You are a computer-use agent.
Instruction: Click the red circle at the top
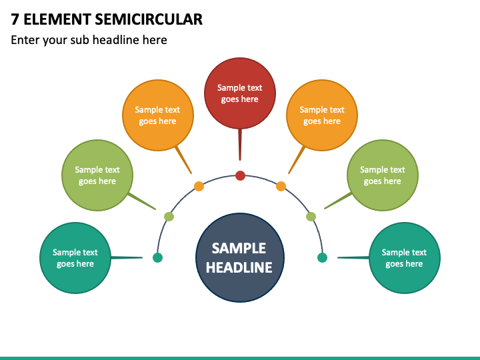(240, 93)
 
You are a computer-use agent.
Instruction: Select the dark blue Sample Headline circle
(240, 258)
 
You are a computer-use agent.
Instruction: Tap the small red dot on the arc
(240, 176)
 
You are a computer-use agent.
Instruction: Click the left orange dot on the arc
(199, 186)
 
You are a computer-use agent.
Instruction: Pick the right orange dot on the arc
(281, 186)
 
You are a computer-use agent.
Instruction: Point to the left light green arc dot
(169, 217)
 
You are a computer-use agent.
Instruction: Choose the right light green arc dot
(311, 217)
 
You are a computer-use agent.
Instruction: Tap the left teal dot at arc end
(157, 258)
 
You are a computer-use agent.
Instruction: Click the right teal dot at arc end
(323, 258)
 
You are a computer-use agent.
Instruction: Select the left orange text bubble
(158, 115)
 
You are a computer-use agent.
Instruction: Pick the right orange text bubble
(322, 115)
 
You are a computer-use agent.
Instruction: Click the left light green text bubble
(97, 175)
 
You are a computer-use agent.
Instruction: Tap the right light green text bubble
(383, 175)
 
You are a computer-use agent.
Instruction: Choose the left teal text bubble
(75, 258)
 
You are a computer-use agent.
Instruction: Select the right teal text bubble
(405, 258)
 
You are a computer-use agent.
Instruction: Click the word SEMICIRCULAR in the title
(149, 19)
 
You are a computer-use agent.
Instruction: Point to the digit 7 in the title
(15, 19)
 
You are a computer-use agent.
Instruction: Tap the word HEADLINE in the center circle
(239, 267)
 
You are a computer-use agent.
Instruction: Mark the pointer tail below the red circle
(240, 145)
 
